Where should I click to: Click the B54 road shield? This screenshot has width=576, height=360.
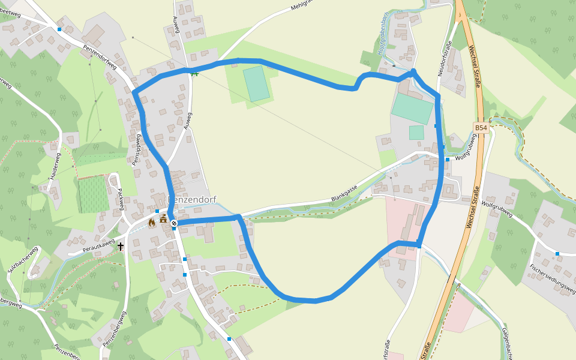click(481, 128)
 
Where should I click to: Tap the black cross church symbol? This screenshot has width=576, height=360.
click(121, 246)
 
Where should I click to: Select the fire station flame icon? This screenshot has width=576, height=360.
click(152, 222)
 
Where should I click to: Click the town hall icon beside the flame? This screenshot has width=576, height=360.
click(163, 220)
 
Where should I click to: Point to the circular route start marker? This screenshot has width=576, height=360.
click(174, 223)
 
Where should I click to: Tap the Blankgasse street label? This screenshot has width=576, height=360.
click(344, 193)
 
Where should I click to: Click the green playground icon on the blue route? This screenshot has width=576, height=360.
click(194, 73)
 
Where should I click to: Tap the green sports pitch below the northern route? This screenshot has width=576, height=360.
click(257, 83)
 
